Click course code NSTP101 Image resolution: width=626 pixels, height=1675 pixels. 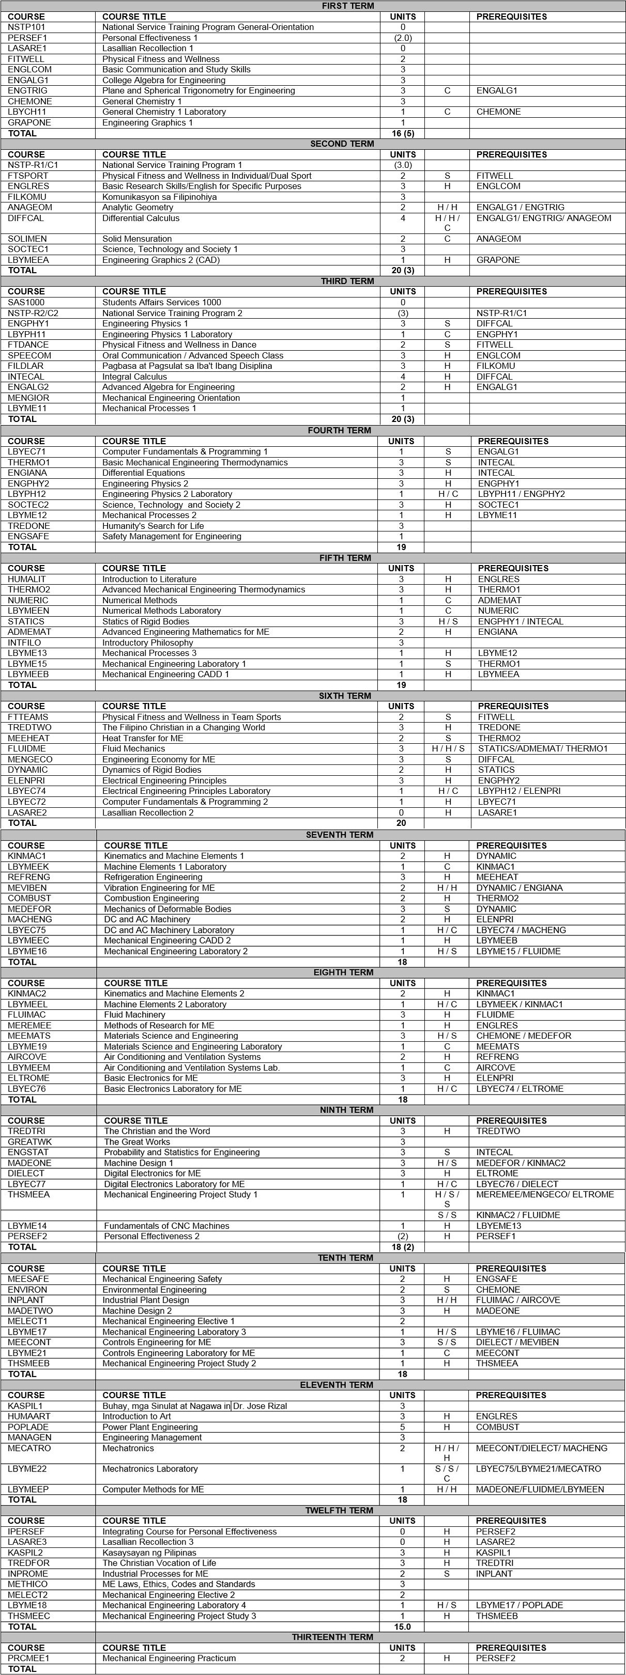[27, 27]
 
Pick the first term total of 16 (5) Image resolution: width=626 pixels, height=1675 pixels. [403, 133]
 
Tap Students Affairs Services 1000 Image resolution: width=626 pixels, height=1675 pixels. [161, 302]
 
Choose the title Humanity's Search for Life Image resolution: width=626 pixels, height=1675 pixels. [153, 526]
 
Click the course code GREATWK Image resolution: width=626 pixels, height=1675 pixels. [30, 1142]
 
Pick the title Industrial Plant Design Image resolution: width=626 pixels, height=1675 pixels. [146, 1300]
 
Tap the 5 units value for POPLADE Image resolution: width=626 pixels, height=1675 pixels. [402, 1427]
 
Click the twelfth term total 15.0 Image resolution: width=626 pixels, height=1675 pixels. [402, 1626]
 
